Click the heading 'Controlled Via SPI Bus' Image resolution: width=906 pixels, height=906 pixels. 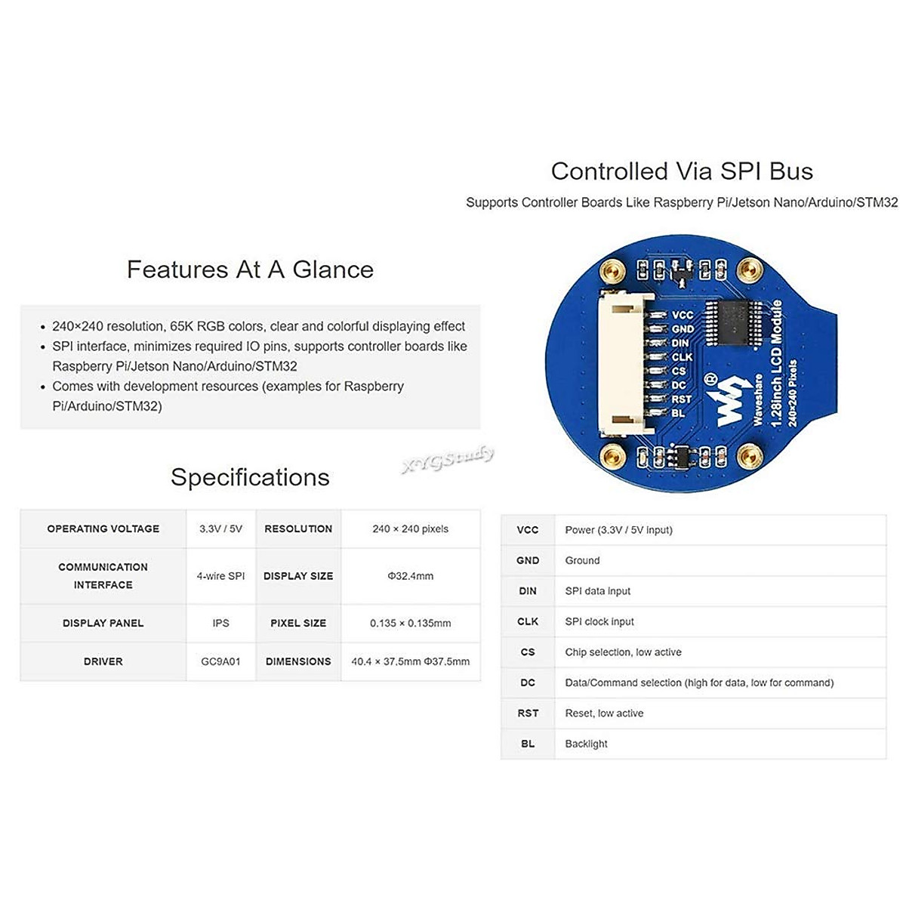pos(682,171)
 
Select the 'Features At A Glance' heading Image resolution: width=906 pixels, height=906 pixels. pos(250,270)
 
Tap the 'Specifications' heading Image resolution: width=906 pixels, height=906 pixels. pos(250,477)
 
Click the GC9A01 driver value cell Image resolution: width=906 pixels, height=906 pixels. pos(220,661)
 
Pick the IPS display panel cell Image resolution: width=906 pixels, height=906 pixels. pos(220,623)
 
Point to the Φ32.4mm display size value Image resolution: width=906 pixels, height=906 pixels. pos(410,576)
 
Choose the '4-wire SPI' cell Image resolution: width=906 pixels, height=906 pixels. pos(220,576)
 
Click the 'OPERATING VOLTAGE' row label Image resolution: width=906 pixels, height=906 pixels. pos(103,528)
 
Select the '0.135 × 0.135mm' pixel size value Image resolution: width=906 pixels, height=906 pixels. pos(410,623)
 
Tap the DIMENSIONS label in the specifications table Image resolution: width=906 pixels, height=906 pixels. pos(298,661)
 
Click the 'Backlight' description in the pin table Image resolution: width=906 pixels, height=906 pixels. pos(586,744)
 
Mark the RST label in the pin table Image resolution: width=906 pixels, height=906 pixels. pos(528,713)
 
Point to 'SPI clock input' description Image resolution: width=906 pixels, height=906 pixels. pos(599,621)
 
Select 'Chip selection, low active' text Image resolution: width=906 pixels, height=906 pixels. pos(623,652)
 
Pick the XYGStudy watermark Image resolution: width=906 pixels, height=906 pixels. pos(448,459)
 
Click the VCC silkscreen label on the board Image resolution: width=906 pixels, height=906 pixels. pos(682,316)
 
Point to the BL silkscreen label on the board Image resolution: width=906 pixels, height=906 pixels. pos(678,413)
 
